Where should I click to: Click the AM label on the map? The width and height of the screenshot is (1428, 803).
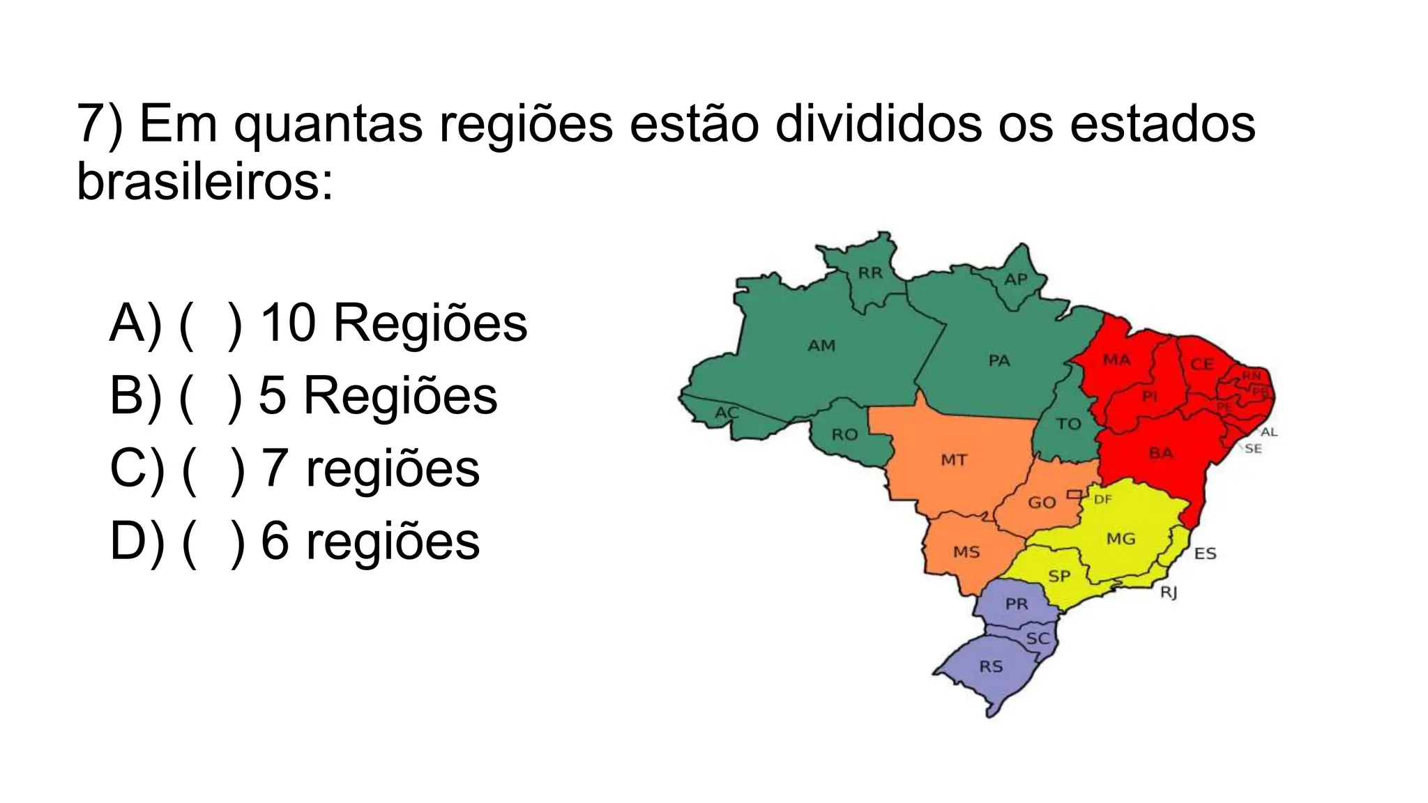pos(821,346)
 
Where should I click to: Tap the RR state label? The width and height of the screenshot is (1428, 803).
pos(870,273)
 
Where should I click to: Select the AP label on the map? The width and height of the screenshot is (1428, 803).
pos(1016,280)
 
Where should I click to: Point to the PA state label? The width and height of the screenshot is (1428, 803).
pos(999,360)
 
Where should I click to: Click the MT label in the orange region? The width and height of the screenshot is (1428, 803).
pos(954,460)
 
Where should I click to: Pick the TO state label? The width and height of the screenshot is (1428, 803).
pos(1068,424)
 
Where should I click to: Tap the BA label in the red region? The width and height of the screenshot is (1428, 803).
pos(1161,454)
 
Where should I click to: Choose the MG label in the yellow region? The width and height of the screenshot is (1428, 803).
pos(1121,539)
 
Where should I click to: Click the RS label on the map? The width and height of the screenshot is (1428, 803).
pos(991,666)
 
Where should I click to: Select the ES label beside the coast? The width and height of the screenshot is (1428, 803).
pos(1205,554)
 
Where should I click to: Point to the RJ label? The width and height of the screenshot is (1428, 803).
pos(1169,592)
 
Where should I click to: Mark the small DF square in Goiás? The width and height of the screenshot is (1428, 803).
pos(1074,494)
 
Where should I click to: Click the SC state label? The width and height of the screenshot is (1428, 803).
pos(1038,638)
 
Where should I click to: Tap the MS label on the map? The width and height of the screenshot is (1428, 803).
pos(966,553)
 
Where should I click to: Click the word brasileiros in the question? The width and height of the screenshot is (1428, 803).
pos(205,181)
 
